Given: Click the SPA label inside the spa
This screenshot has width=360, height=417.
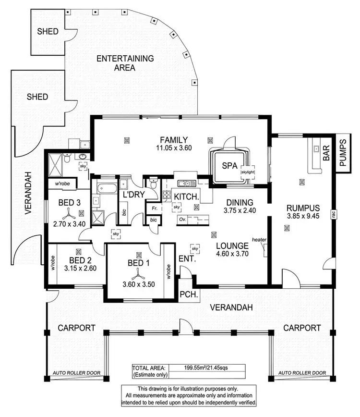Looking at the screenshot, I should point(229,165).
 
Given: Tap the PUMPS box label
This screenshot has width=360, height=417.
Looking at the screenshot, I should point(343,153).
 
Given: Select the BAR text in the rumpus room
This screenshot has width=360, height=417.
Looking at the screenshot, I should point(327,153).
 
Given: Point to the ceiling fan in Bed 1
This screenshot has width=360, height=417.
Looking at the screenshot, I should point(138,273).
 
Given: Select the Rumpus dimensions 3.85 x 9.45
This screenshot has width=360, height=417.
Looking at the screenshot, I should point(300,217).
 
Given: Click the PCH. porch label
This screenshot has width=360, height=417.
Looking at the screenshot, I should point(186,294).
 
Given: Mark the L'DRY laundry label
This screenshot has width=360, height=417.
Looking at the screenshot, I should point(132,196).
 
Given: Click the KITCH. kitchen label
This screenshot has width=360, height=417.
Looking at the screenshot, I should point(183,197).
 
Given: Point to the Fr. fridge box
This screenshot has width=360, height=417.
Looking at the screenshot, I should point(155,209).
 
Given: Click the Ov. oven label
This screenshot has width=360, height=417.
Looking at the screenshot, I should point(182,219).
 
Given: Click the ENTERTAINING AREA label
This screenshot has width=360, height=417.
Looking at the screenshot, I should point(125,63).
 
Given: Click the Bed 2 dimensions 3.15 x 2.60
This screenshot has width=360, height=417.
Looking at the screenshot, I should point(81,268).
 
